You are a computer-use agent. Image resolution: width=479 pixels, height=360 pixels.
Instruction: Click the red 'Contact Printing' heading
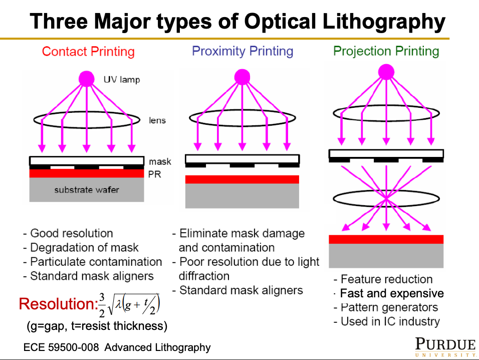[x=88, y=52]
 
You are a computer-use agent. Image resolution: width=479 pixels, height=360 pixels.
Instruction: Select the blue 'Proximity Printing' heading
[x=243, y=51]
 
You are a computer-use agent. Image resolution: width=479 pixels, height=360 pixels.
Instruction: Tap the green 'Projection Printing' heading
[x=386, y=51]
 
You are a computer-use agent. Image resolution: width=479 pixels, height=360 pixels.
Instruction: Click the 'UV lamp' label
[x=121, y=80]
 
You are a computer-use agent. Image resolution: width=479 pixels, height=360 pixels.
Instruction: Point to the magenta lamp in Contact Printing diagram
[x=87, y=79]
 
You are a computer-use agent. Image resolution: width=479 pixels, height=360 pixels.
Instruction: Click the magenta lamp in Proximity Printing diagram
[x=243, y=76]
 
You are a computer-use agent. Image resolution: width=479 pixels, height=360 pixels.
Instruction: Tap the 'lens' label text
[x=157, y=120]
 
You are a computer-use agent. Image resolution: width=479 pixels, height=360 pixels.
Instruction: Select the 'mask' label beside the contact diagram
[x=159, y=161]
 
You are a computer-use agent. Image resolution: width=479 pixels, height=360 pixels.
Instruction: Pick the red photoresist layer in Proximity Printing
[x=242, y=179]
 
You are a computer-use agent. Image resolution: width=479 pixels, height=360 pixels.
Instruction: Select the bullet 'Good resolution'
[x=68, y=233]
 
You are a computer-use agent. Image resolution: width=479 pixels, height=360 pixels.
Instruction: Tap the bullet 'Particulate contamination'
[x=93, y=262]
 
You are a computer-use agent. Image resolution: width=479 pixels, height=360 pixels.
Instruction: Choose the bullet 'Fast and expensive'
[x=389, y=293]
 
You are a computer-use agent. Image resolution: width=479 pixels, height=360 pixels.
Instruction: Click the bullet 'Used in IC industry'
[x=386, y=321]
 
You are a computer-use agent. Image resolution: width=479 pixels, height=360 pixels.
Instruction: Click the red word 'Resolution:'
[x=56, y=304]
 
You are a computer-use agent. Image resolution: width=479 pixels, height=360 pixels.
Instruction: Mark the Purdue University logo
[x=445, y=346]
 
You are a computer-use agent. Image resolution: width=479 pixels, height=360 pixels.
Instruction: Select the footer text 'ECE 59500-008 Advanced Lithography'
[x=117, y=347]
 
